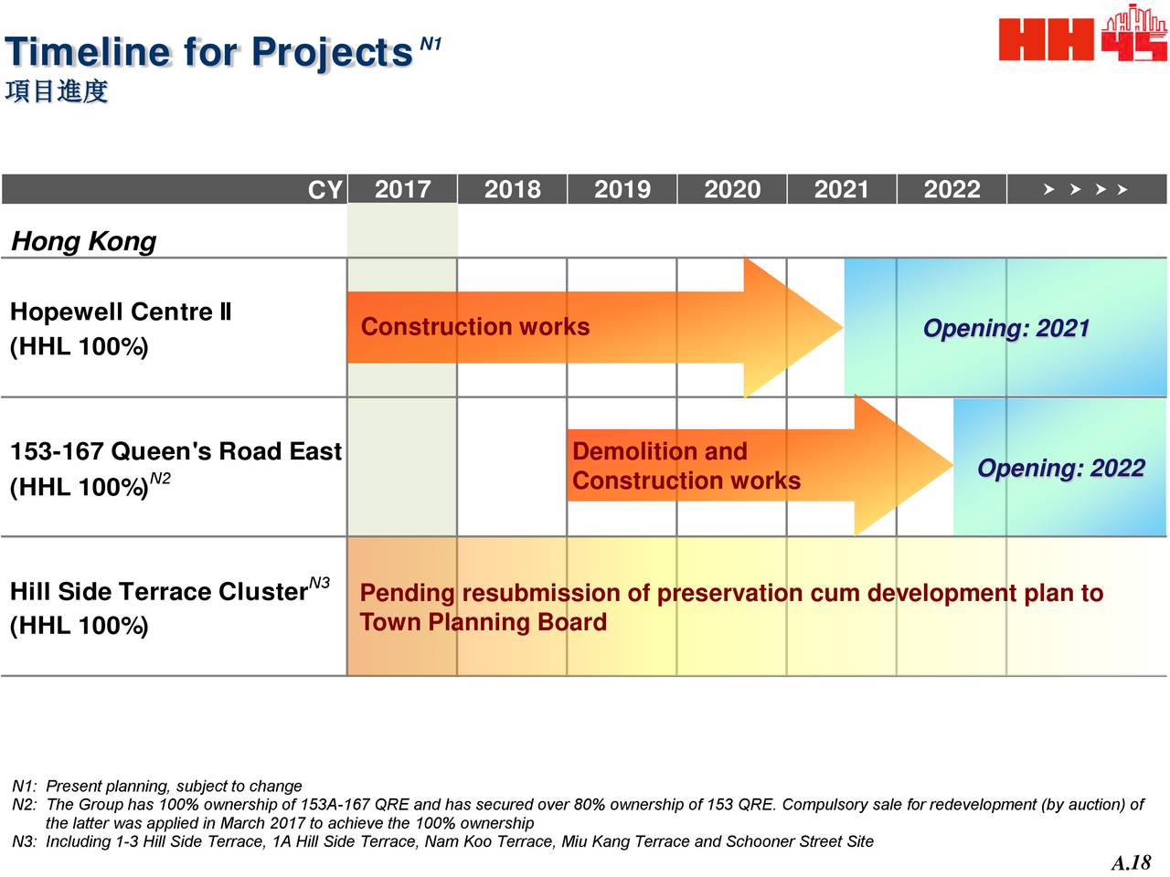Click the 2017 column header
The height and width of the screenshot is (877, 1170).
tap(402, 189)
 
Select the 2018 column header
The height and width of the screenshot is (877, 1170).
tap(512, 189)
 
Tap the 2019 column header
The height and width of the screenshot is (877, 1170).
tap(622, 189)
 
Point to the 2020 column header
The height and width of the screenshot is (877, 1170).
tap(732, 189)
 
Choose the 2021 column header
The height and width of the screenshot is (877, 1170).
tap(841, 189)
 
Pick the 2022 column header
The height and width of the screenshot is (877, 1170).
tap(952, 189)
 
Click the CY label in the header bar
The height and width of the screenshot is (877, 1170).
tap(324, 190)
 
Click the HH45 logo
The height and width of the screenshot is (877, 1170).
tap(1082, 33)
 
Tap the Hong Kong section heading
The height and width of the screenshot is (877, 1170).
tap(84, 241)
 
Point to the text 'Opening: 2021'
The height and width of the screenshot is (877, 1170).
tap(1005, 328)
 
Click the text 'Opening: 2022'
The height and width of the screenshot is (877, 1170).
tap(1060, 468)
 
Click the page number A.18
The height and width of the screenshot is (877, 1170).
tap(1131, 862)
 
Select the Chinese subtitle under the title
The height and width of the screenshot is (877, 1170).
tap(57, 91)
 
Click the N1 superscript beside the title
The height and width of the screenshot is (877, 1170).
tap(431, 44)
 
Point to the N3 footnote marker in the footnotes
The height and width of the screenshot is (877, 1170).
tap(24, 841)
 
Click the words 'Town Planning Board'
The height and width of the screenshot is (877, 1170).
tap(483, 622)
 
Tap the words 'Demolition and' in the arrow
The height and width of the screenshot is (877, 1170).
tap(659, 451)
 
